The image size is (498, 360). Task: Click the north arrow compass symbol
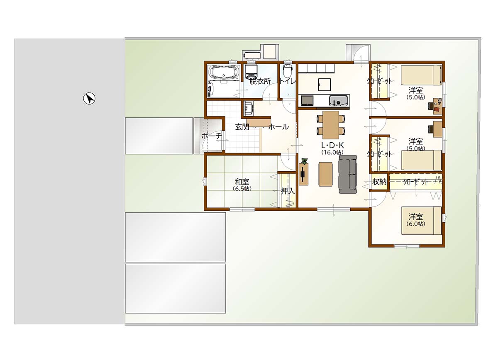click(89, 98)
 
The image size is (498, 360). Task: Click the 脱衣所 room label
click(260, 81)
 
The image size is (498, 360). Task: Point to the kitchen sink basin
click(338, 101)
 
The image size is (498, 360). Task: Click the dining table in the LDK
click(331, 125)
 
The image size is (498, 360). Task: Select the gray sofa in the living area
click(348, 174)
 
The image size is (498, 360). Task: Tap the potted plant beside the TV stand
click(304, 161)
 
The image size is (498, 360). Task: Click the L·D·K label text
click(332, 145)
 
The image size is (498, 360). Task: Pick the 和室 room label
click(242, 182)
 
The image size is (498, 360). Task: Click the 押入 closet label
click(288, 191)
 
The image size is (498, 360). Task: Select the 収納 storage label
click(379, 182)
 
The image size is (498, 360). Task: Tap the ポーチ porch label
click(211, 136)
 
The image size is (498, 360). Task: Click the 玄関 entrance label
click(242, 127)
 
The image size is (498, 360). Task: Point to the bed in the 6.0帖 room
click(421, 221)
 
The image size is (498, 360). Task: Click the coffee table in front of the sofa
click(325, 174)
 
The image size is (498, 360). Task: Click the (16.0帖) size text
click(332, 153)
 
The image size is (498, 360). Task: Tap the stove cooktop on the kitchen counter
click(307, 100)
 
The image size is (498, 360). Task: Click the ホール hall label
click(278, 127)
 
